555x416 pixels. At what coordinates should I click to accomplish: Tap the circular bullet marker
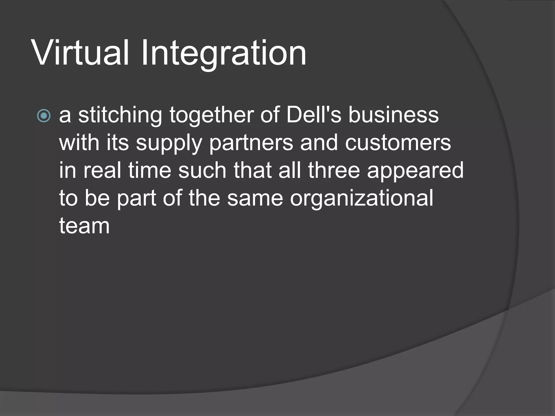point(44,116)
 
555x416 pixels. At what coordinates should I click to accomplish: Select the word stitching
point(120,115)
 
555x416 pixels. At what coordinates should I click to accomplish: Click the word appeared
point(415,171)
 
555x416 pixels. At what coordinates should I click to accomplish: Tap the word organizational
point(362,199)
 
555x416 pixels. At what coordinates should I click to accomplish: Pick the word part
point(137,199)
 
